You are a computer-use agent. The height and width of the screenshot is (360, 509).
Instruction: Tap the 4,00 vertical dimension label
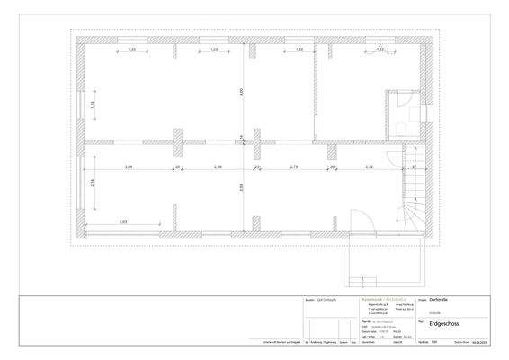[x=241, y=91]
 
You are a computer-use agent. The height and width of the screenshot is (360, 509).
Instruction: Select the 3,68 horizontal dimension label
[x=129, y=167]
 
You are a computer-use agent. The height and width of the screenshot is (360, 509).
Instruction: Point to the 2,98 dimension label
[x=218, y=167]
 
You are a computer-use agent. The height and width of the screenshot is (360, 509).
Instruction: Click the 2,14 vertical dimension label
[x=93, y=184]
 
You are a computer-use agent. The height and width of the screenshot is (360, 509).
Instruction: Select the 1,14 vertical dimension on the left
[x=93, y=104]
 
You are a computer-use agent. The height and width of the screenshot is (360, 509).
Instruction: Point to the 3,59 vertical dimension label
[x=241, y=188]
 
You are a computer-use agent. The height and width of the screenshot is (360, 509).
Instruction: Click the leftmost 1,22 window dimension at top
[x=131, y=49]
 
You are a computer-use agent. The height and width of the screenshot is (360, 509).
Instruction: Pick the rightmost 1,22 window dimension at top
[x=380, y=49]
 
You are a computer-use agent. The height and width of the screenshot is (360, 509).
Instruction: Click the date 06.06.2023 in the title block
[x=480, y=343]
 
